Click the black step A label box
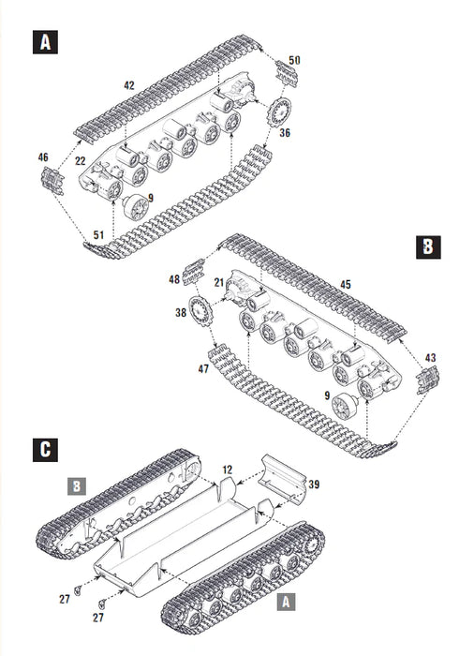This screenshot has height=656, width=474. [x=43, y=42]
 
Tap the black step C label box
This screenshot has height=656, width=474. [x=43, y=448]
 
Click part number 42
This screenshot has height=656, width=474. [x=128, y=85]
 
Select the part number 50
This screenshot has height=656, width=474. [x=294, y=60]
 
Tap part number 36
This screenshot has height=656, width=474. [x=285, y=133]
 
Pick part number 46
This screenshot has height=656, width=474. [x=43, y=157]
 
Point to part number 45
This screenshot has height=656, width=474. [x=345, y=285]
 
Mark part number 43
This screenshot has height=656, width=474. [x=430, y=357]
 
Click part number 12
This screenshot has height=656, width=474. [x=226, y=468]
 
